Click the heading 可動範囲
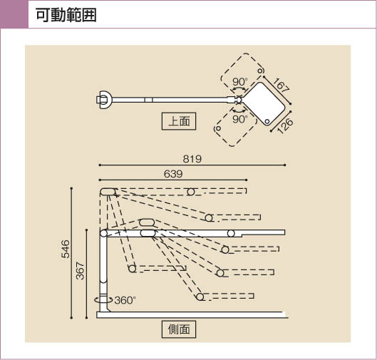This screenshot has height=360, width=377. point(66,15)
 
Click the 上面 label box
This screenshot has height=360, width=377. point(179,121)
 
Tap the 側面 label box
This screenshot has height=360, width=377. point(179,329)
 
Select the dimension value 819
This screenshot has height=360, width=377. point(192,159)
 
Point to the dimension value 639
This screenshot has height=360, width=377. point(173,174)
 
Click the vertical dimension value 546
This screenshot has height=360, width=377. point(66,249)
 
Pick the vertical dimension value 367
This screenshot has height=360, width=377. point(80,271)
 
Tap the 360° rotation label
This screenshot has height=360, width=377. point(125,300)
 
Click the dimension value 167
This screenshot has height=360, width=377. point(281,85)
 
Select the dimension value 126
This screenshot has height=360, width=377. point(285,125)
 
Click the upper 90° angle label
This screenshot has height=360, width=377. point(240,82)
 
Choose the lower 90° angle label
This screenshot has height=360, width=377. point(240,119)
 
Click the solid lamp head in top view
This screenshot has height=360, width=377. point(264,103)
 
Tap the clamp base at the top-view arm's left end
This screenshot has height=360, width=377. point(104,101)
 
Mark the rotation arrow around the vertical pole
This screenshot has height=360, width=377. point(103,300)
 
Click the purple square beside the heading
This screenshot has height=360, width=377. point(14,14)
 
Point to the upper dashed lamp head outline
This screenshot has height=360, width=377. point(242,71)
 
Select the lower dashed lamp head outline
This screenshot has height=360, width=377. point(236,128)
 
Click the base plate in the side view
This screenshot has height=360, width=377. point(192,315)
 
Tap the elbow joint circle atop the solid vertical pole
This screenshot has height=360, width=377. point(103,233)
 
